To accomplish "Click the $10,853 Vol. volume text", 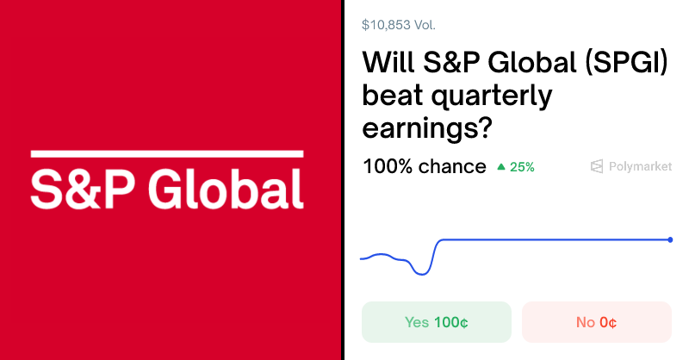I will point(399,25).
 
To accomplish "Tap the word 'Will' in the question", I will point(388,64).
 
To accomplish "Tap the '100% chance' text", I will point(424,166).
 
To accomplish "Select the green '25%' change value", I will point(522,167).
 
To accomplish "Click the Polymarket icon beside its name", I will point(597,166).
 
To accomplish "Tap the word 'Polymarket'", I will point(640,166).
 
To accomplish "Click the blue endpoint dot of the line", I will point(670,239).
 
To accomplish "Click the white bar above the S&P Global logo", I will point(167,154).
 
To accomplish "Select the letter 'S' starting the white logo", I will point(45,189).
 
